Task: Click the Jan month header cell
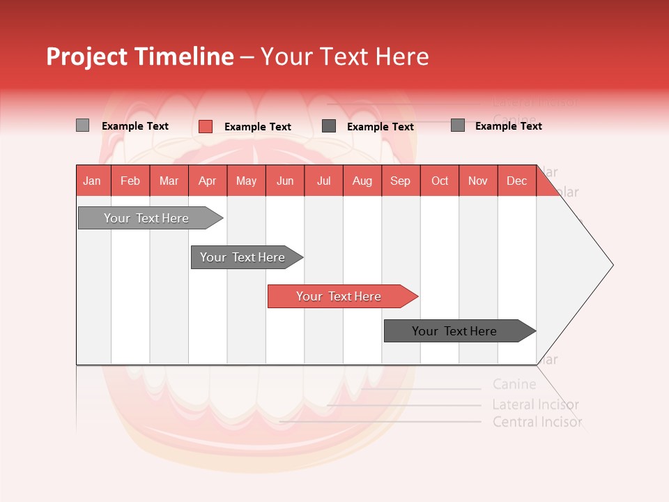tap(93, 181)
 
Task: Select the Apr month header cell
tap(208, 181)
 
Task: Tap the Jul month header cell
tap(323, 181)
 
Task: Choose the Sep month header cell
tap(401, 181)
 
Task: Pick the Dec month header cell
tap(516, 181)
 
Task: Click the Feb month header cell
tap(130, 181)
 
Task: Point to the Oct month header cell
tap(440, 181)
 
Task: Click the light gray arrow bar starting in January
tap(146, 218)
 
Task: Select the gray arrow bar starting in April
tap(243, 257)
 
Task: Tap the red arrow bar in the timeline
tap(339, 296)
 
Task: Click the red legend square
tap(206, 126)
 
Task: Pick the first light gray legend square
tap(82, 125)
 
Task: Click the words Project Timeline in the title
tap(140, 56)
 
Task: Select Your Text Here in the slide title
tap(344, 56)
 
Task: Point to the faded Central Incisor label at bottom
tap(537, 422)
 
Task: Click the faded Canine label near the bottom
tap(514, 384)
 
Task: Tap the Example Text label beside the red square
tap(258, 127)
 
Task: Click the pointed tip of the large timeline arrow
tap(611, 265)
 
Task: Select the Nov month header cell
tap(478, 181)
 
